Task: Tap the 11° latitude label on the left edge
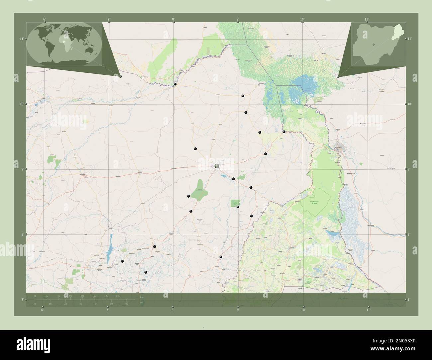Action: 21,39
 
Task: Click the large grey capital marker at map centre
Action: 217,166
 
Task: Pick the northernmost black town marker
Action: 175,84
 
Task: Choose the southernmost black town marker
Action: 146,272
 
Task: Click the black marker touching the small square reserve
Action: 238,207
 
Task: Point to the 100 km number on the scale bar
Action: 94,296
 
